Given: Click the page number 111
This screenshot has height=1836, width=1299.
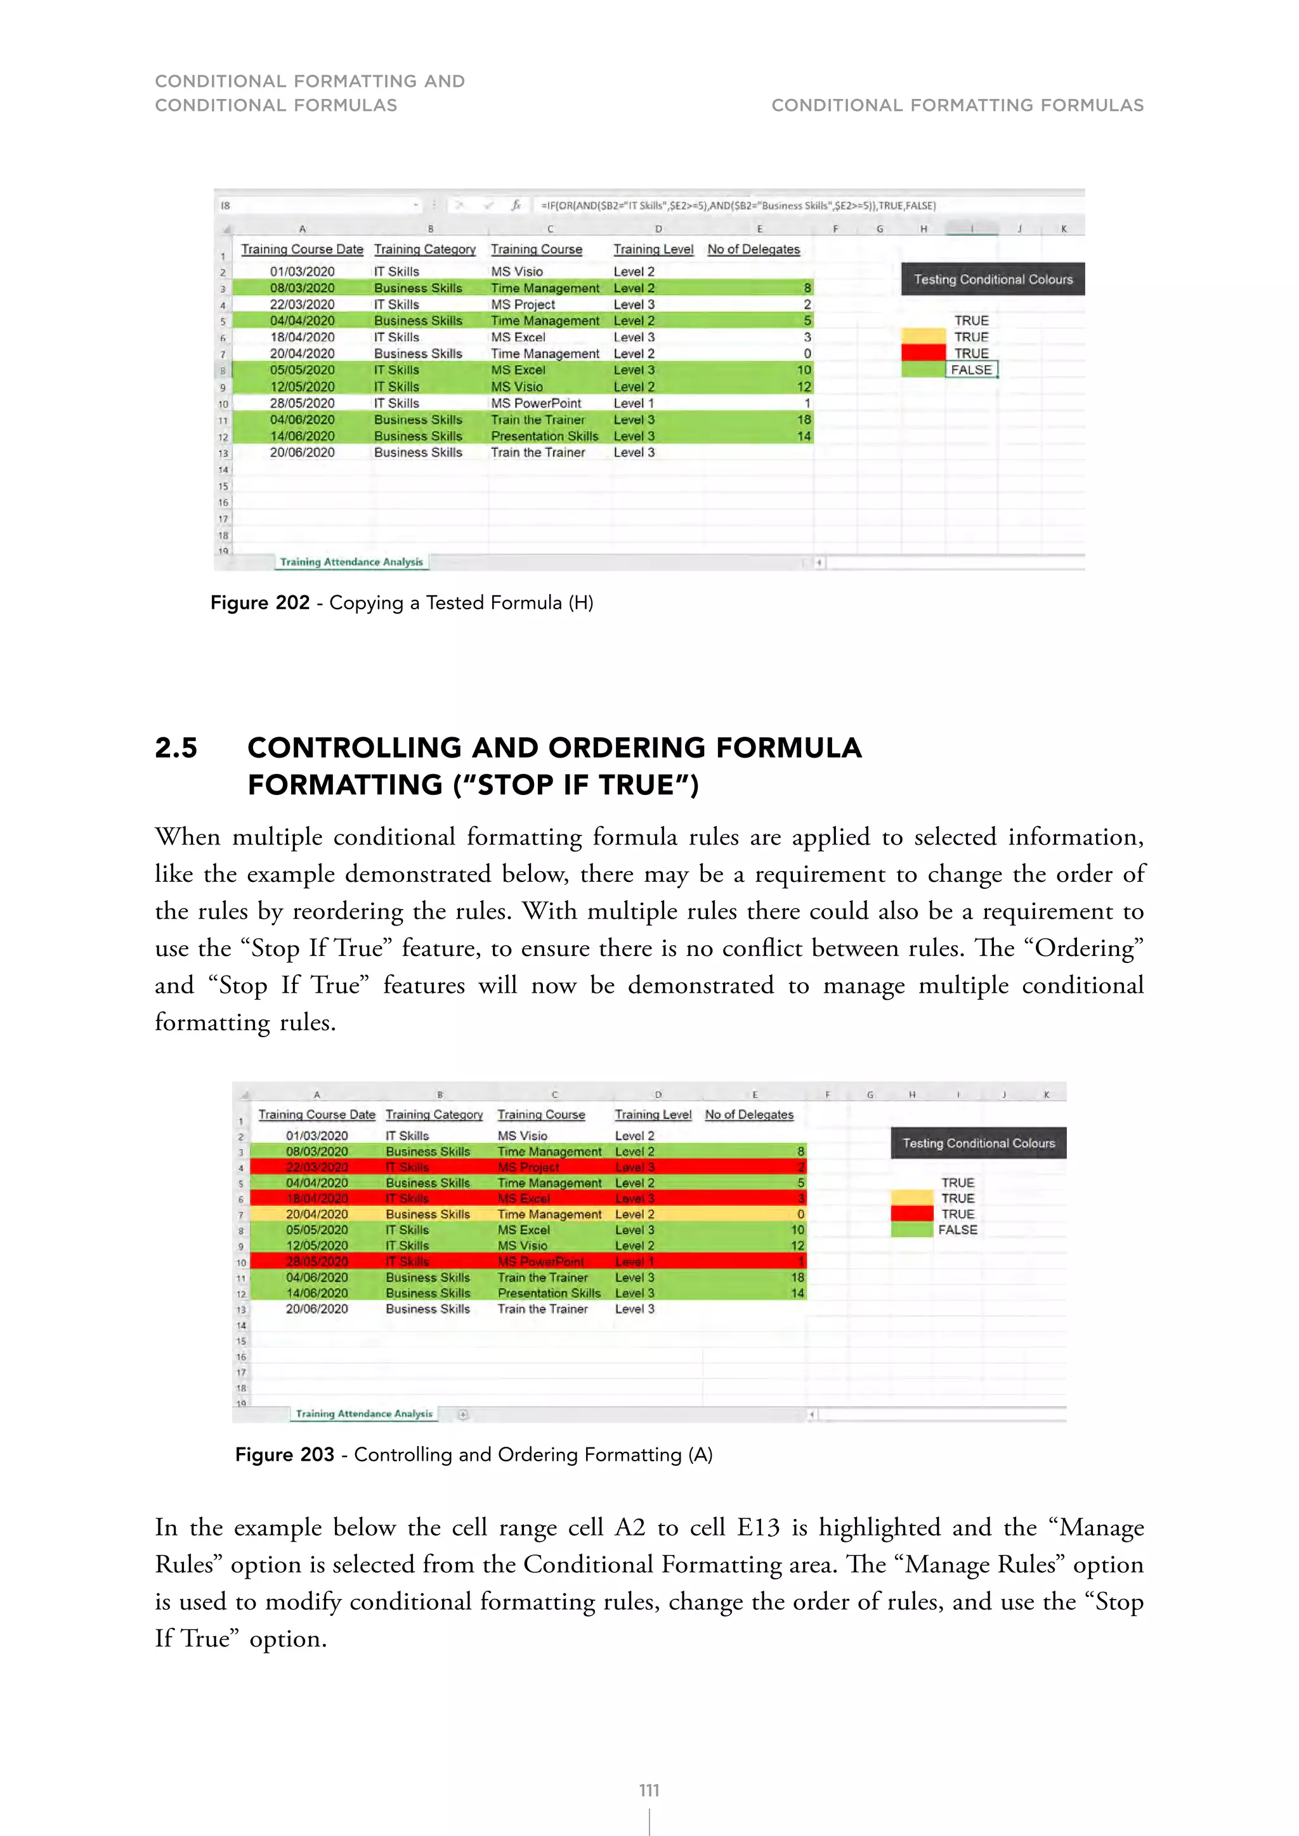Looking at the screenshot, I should (x=649, y=1790).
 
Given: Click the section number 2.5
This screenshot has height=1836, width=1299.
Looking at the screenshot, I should (x=176, y=747).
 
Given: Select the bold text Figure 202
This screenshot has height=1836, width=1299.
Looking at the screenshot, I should (x=260, y=603).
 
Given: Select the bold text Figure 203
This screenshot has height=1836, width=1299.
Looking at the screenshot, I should (x=284, y=1454).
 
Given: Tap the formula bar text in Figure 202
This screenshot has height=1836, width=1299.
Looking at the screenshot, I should (x=738, y=205).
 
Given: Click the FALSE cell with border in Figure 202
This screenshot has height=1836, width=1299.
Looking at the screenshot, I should (x=971, y=370).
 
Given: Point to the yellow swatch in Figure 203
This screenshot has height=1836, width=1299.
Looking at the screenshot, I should (x=912, y=1198).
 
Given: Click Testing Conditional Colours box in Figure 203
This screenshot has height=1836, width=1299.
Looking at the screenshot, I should (x=978, y=1144).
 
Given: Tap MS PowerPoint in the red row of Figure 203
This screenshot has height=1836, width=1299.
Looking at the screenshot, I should (x=540, y=1262).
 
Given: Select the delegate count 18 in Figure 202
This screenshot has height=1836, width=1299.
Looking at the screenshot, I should (x=803, y=420).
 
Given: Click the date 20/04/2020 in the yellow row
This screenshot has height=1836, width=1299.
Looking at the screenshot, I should (x=317, y=1214).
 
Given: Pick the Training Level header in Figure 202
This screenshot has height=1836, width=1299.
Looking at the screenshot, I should (x=653, y=250).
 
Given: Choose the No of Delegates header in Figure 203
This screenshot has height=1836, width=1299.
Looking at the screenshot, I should (x=748, y=1115).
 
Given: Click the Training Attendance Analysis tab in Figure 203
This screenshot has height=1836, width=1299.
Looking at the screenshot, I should (x=364, y=1414).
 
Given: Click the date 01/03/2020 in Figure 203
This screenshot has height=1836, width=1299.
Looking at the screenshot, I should (x=317, y=1135).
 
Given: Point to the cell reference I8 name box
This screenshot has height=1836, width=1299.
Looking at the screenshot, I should (x=226, y=205).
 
